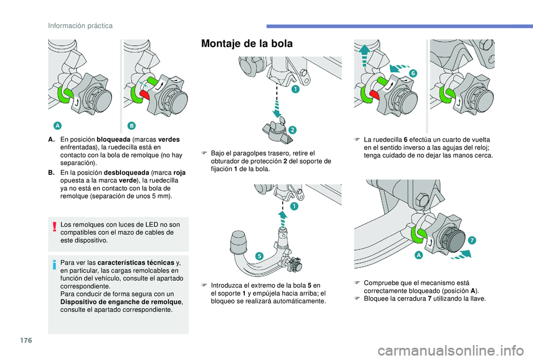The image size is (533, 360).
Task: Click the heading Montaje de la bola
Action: pos(247,44)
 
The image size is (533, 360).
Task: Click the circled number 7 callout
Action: pos(471,240)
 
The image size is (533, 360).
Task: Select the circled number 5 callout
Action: pos(259,255)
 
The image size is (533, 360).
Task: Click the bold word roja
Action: pos(179,173)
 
